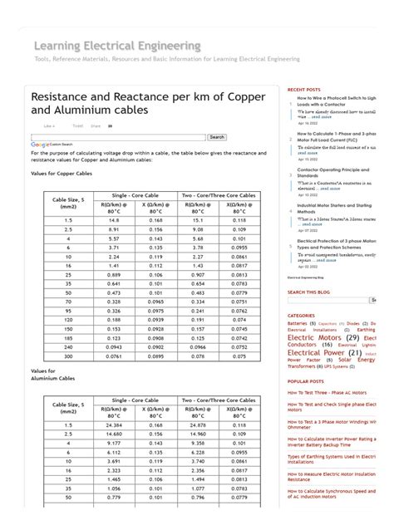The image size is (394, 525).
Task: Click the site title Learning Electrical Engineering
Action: coord(117,45)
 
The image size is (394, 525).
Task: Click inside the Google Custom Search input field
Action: coord(117,137)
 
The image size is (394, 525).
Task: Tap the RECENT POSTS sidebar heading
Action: coord(304,89)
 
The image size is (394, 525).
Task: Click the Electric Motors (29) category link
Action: coord(323,338)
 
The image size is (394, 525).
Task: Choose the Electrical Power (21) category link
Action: coord(324,352)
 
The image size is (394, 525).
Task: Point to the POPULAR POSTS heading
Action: coord(306,381)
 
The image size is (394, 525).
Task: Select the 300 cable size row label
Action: coord(68,356)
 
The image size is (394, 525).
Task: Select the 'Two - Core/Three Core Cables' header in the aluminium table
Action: coord(219,400)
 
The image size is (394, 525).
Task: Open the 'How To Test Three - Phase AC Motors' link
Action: coord(328,392)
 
